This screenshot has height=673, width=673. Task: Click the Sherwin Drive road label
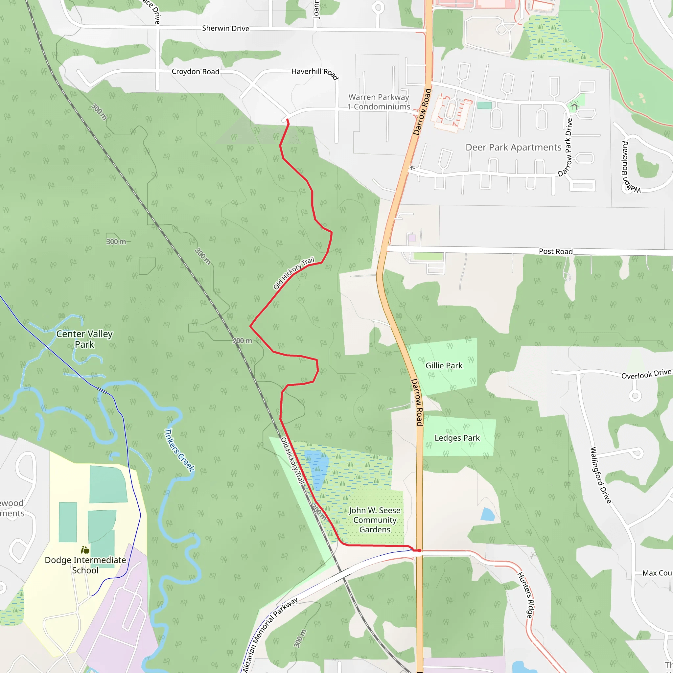pos(225,28)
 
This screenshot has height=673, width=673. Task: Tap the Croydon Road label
pos(196,71)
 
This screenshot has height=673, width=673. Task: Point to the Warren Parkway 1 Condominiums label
pos(379,102)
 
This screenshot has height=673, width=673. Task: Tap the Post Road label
pos(555,251)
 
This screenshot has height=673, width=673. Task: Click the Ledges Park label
pos(457,437)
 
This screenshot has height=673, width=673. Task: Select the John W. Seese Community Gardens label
pos(375,520)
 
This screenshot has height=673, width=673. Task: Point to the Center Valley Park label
pos(84,339)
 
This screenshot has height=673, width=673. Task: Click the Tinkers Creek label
pos(179,450)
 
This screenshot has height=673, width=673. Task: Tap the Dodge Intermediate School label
pos(85,565)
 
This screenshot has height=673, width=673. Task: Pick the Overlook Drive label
pos(646,374)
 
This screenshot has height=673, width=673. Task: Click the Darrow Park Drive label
pos(565,148)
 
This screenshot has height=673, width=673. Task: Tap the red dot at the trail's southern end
pos(420,551)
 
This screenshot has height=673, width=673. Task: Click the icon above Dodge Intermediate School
pos(85,550)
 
